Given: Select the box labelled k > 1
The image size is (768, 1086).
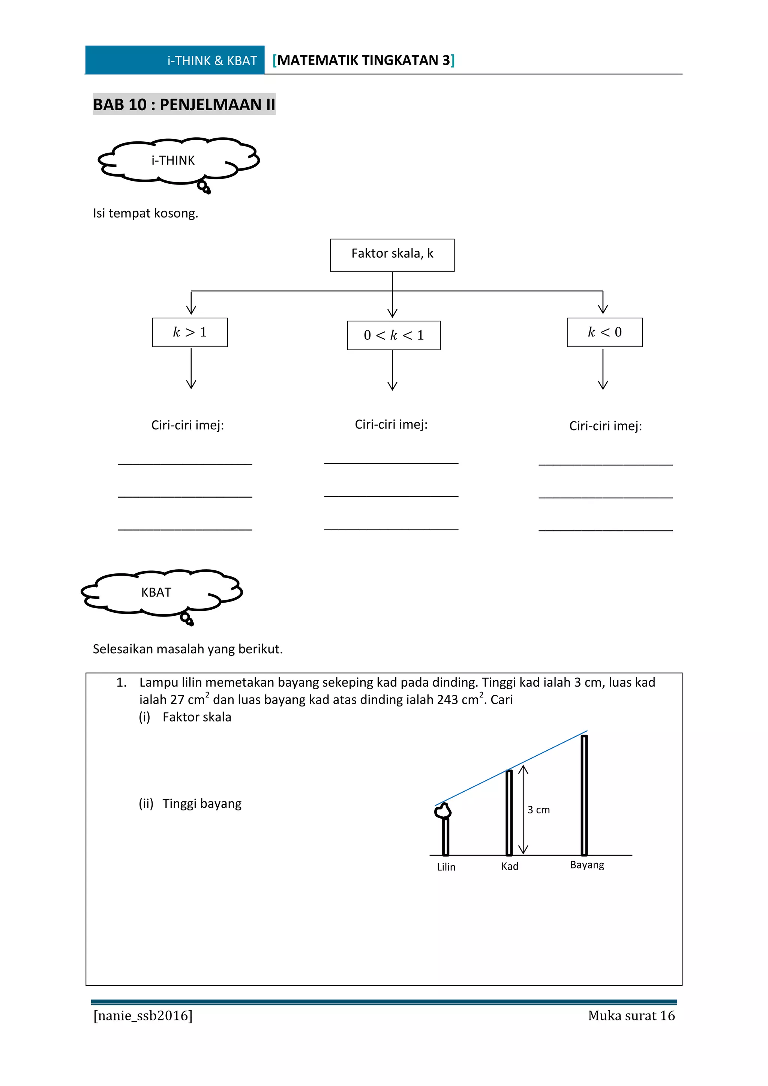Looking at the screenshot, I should (x=190, y=332).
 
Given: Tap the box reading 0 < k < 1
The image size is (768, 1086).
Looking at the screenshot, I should (x=393, y=335).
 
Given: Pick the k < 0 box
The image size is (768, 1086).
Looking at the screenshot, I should (x=604, y=332).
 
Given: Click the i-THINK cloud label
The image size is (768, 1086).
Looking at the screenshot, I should (x=173, y=161).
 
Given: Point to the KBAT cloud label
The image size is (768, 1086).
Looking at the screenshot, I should (x=156, y=592).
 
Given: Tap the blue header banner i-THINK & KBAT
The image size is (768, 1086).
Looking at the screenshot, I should (x=174, y=60).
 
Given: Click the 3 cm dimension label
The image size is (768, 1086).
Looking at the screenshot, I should (x=538, y=810).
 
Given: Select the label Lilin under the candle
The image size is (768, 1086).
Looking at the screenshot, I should (x=446, y=867).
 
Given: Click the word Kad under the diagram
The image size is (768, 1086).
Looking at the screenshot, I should (x=510, y=866).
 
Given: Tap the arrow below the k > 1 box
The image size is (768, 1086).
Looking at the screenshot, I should (x=191, y=369).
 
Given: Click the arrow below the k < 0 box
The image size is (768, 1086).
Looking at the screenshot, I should (x=603, y=369).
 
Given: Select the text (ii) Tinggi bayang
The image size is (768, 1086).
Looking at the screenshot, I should (x=190, y=804).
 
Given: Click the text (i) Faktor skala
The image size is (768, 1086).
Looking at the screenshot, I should (x=185, y=717).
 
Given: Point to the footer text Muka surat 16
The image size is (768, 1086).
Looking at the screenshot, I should (x=631, y=1015).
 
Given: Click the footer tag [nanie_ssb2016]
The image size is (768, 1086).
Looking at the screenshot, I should (x=143, y=1015).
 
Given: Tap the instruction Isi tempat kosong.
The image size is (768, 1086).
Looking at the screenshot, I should (x=145, y=213).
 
